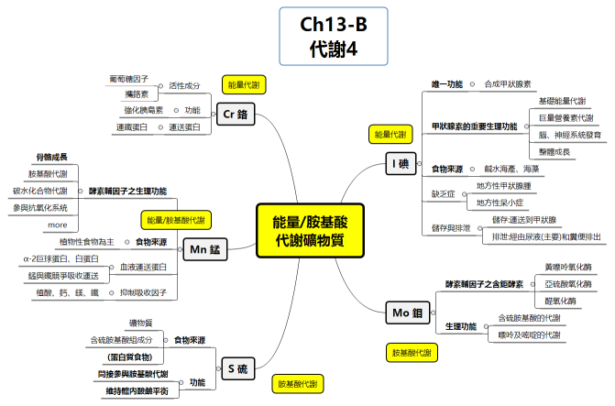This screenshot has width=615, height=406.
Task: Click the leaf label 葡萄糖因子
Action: pos(135,80)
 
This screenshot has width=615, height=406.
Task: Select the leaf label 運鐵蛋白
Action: pos(131,127)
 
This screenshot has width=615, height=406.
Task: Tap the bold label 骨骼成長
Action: pos(51,158)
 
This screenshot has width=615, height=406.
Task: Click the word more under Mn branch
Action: pos(57,225)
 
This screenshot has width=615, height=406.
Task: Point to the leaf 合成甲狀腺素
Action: pos(507,83)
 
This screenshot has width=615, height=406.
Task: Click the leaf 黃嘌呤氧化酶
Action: pos(567,268)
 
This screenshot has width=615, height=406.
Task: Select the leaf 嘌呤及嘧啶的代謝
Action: pos(529,335)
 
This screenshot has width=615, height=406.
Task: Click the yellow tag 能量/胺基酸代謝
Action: pos(175,220)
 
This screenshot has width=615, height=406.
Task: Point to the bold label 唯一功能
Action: pos(447,83)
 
